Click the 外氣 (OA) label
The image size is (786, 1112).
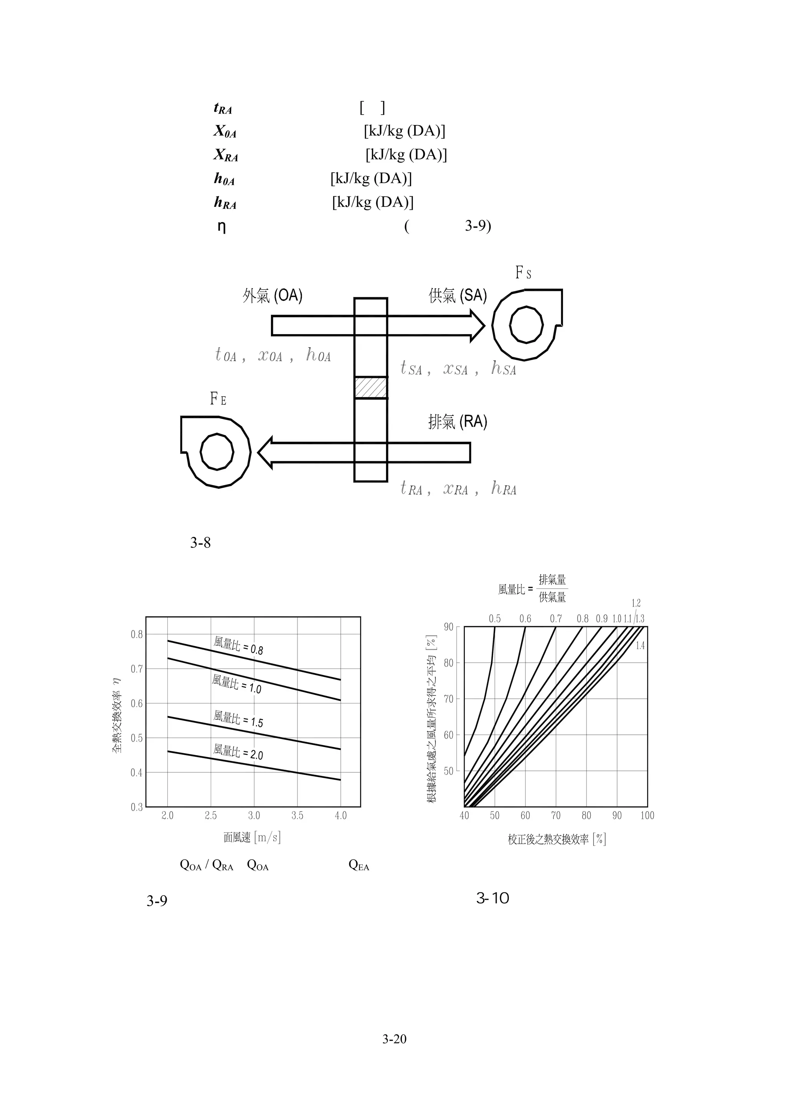[272, 295]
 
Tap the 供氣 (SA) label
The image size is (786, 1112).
[457, 295]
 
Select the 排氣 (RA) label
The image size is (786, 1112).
[457, 422]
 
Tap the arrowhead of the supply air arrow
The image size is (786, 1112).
[477, 325]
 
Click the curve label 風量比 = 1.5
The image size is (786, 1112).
[238, 719]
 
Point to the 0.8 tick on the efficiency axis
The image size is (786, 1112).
[137, 634]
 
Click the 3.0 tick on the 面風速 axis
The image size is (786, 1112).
[254, 816]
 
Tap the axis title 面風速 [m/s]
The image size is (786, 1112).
[252, 837]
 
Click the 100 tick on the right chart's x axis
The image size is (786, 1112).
[647, 816]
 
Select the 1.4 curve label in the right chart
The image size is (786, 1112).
[640, 646]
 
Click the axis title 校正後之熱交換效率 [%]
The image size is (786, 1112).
[557, 839]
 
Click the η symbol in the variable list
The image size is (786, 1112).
[222, 227]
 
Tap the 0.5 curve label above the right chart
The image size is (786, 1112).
[494, 619]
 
